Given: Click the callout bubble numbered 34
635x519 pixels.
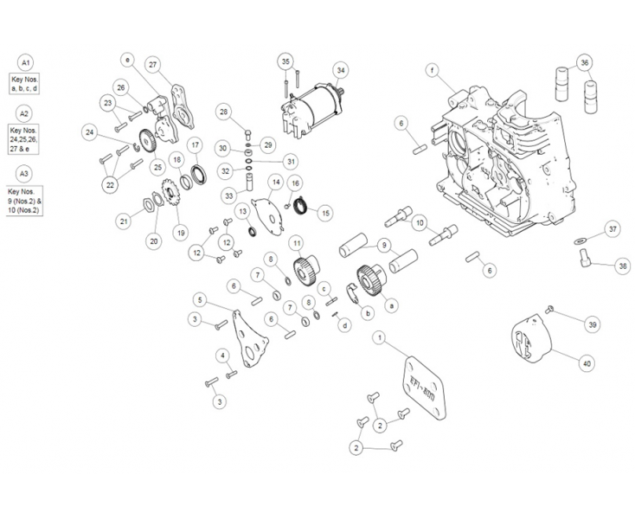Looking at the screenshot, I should pyautogui.click(x=341, y=69).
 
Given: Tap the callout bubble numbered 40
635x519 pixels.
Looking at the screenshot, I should pyautogui.click(x=587, y=364).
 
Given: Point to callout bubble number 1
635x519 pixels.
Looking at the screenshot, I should pyautogui.click(x=378, y=335).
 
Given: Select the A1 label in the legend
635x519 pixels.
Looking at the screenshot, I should pyautogui.click(x=25, y=64).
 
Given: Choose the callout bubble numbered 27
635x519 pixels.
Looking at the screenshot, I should pyautogui.click(x=152, y=65).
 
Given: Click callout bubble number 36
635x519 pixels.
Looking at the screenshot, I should pyautogui.click(x=586, y=63).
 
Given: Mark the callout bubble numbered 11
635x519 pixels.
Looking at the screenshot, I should pyautogui.click(x=296, y=242).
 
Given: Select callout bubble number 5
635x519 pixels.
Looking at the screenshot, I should pyautogui.click(x=201, y=300).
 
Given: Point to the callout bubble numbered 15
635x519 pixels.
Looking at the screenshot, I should pyautogui.click(x=325, y=211).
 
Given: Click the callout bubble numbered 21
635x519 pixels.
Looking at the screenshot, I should pyautogui.click(x=124, y=221).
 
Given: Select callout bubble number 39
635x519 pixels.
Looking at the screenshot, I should pyautogui.click(x=592, y=324).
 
